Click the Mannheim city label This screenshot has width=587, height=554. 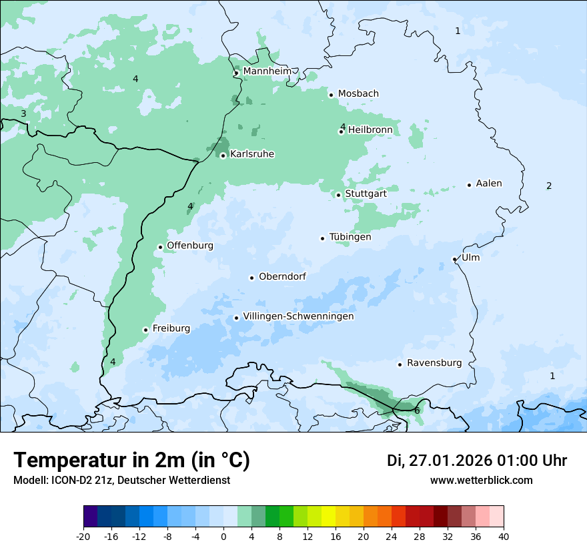[x=267, y=71]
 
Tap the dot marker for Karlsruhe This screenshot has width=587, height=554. [x=223, y=156]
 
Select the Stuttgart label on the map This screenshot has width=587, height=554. [x=366, y=194]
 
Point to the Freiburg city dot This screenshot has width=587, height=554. [x=145, y=330]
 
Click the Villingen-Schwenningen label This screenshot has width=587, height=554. [x=298, y=316]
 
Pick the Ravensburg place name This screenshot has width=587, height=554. [x=434, y=363]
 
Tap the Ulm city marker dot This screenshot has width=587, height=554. [x=455, y=259]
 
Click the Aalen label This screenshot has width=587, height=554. [x=489, y=184]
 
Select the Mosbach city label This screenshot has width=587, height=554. [x=358, y=94]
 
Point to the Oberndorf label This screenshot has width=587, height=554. [x=282, y=276]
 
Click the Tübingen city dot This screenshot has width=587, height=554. [x=323, y=238]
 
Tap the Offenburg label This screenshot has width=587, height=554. [x=190, y=246]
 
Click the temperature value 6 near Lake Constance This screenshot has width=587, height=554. [x=417, y=410]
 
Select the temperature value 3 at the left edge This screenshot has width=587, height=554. [x=23, y=114]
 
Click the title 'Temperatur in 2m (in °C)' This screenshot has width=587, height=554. [x=131, y=460]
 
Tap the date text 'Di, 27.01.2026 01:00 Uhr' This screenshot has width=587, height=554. [x=477, y=461]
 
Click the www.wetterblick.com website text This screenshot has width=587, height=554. [x=481, y=480]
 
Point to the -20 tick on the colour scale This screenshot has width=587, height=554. [x=83, y=536]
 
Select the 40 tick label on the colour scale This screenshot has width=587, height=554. [x=503, y=536]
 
